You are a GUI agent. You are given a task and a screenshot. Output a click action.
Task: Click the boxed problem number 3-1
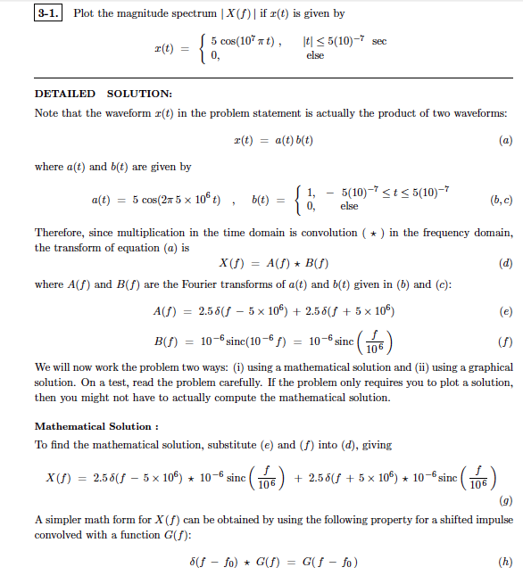(48, 13)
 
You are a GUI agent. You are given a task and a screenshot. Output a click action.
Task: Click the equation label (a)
(506, 140)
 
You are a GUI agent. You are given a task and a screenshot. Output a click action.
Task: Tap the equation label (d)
(506, 263)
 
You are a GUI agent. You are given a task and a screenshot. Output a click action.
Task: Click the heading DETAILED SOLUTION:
(104, 94)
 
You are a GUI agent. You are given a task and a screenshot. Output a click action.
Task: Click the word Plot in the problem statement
(83, 13)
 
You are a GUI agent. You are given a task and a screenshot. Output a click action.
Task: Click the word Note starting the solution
(46, 112)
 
